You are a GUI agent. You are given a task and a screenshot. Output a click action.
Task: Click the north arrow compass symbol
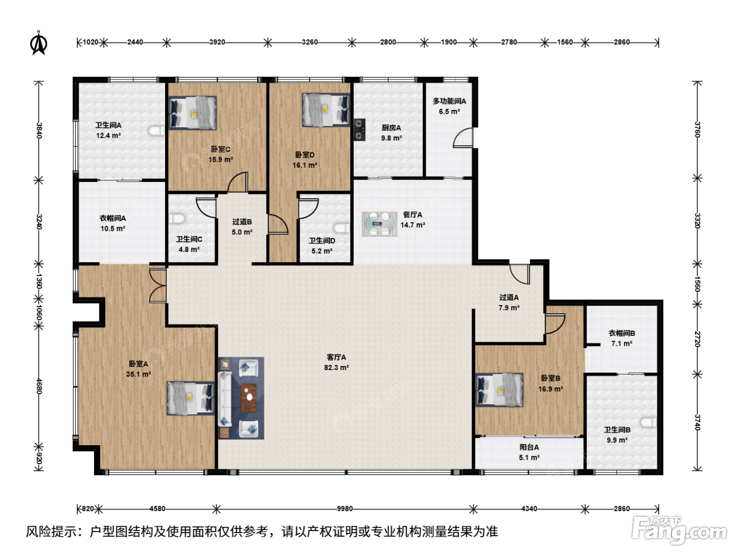(x=39, y=43)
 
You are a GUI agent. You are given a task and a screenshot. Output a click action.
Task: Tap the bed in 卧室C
(x=192, y=113)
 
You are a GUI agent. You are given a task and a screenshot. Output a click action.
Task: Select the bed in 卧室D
(x=326, y=110)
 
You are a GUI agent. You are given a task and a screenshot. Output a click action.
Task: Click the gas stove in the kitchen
(x=360, y=130)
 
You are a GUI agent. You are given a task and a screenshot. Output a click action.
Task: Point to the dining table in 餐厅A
(x=380, y=224)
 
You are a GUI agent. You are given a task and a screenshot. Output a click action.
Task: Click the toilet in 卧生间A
(x=157, y=131)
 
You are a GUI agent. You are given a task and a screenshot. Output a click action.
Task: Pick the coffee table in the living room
(x=249, y=398)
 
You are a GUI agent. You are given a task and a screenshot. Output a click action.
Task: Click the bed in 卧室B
(x=499, y=390)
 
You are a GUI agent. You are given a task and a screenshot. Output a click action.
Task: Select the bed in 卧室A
(x=191, y=398)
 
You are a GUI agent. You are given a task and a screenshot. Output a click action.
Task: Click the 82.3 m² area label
(x=336, y=367)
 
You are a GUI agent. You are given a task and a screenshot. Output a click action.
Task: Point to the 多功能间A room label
(x=449, y=101)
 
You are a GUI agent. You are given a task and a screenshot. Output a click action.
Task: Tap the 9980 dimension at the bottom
(x=345, y=509)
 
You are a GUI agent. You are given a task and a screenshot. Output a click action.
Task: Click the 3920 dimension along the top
(x=217, y=42)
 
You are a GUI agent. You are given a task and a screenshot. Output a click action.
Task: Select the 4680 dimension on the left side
(x=39, y=386)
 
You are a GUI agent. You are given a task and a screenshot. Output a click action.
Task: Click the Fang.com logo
(x=679, y=530)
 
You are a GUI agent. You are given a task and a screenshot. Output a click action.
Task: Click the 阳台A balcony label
(x=529, y=447)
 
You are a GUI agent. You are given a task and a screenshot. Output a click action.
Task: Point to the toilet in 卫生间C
(x=177, y=219)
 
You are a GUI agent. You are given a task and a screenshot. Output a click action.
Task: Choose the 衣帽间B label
(x=622, y=333)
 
